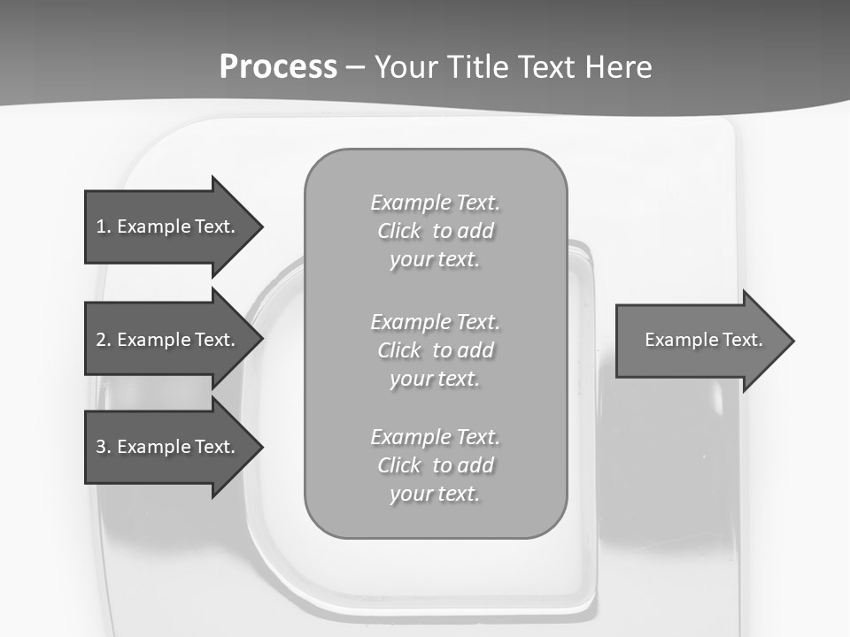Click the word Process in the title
tap(278, 67)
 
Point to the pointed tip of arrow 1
tap(260, 226)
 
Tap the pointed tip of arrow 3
tap(260, 447)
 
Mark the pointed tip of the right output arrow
tap(792, 341)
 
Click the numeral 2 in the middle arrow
tap(101, 340)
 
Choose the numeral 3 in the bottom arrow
tap(101, 447)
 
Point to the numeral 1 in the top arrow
tap(101, 226)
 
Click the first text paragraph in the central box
tap(436, 231)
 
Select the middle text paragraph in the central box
tap(436, 350)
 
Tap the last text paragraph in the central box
tap(436, 465)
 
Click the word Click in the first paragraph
tap(399, 232)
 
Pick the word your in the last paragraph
tap(410, 494)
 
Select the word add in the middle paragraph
tap(476, 350)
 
